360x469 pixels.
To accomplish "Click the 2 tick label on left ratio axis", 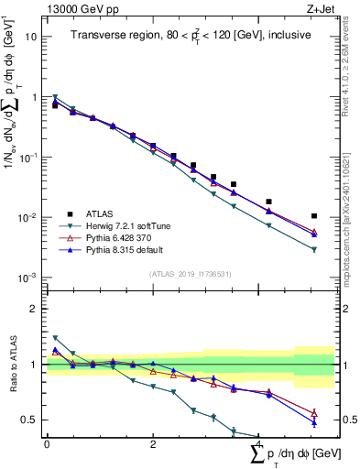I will point(34,309).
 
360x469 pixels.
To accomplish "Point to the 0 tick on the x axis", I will point(47,444).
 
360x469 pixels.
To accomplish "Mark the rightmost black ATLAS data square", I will point(314,216).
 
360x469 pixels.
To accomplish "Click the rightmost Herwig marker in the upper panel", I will point(314,249).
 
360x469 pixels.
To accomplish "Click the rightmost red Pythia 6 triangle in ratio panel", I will point(314,413).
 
